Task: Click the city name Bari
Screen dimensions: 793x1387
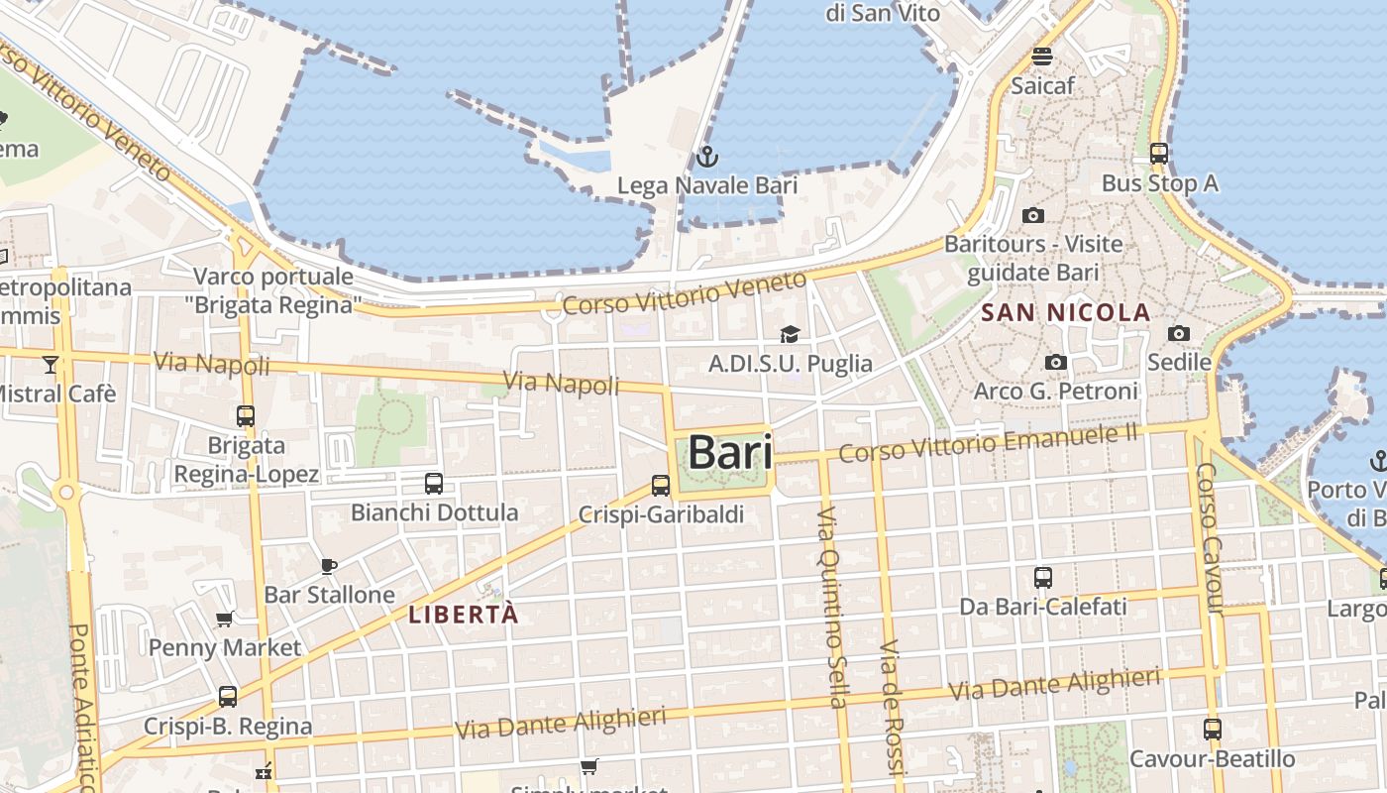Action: (x=730, y=452)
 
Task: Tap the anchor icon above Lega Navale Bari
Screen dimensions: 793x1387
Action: (x=706, y=157)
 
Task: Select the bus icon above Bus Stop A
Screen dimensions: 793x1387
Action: (x=1158, y=154)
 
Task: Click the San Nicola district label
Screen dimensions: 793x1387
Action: (x=1065, y=313)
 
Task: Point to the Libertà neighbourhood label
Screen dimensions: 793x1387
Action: (x=464, y=615)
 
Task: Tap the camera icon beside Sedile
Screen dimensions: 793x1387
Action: (x=1178, y=333)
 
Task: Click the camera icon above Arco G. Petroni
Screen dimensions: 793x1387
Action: (x=1056, y=363)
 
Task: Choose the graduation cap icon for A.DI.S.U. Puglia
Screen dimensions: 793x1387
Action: (x=790, y=335)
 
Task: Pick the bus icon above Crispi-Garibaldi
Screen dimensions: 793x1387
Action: (x=661, y=486)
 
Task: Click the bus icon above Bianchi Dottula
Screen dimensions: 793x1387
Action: (x=434, y=484)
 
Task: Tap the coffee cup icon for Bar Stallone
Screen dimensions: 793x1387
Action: (x=329, y=566)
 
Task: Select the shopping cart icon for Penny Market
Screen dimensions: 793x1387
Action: (x=224, y=620)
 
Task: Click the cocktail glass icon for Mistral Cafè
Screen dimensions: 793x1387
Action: (x=51, y=365)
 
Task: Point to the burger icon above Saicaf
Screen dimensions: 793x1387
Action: (x=1041, y=57)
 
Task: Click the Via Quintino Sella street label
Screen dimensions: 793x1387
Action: (x=830, y=607)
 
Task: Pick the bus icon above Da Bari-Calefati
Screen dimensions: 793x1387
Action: (x=1042, y=577)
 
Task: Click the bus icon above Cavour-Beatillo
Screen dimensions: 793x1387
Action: (x=1212, y=730)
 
